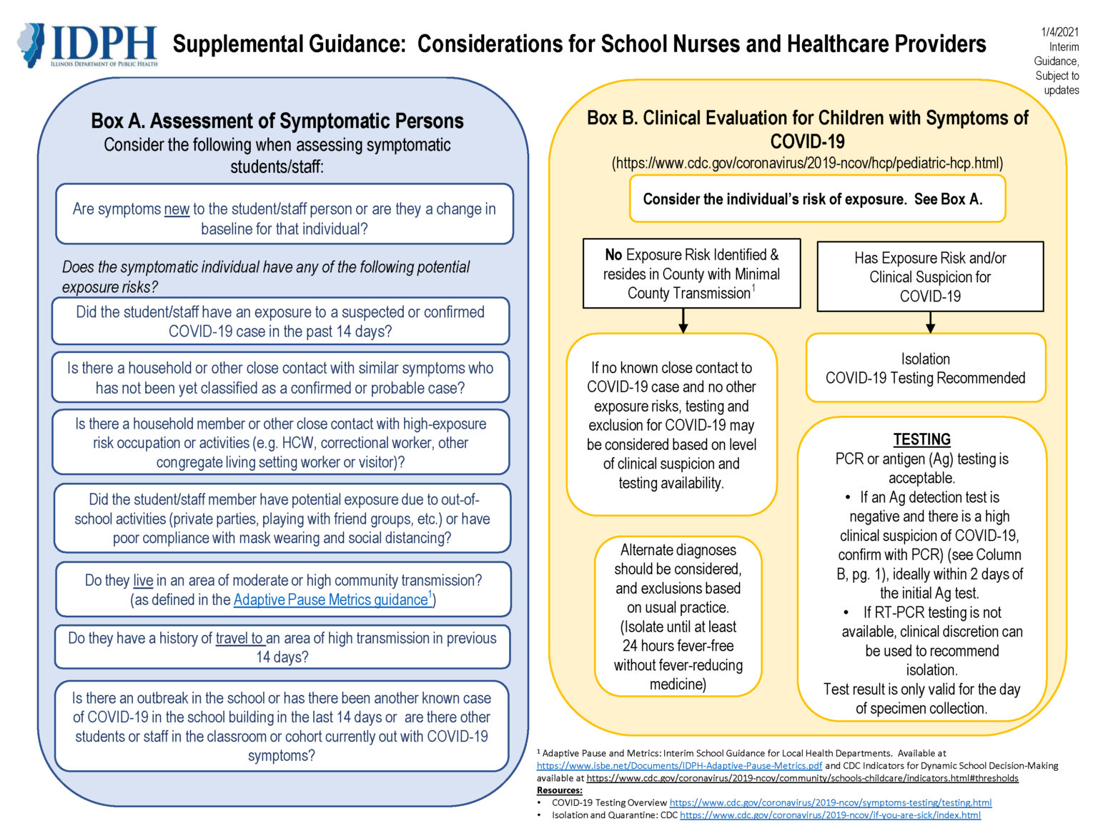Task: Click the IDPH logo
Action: click(x=87, y=45)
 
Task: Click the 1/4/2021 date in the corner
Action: click(x=1059, y=32)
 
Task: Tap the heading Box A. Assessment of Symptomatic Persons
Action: click(x=277, y=121)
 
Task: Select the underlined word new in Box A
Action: click(x=177, y=209)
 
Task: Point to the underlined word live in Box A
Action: click(x=143, y=581)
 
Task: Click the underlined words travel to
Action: click(x=239, y=639)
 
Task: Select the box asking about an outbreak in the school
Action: click(x=282, y=727)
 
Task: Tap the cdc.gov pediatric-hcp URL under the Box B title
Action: click(x=807, y=163)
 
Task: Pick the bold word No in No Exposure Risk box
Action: click(x=613, y=255)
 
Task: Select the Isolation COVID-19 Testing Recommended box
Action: click(x=925, y=369)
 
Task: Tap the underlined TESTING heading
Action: click(x=921, y=439)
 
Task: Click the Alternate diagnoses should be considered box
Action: click(x=678, y=617)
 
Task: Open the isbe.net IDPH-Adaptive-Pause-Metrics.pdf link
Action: click(x=679, y=766)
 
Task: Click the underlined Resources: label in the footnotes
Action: click(x=559, y=790)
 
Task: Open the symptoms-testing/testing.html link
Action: click(x=830, y=803)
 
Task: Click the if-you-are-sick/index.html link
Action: click(x=830, y=815)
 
